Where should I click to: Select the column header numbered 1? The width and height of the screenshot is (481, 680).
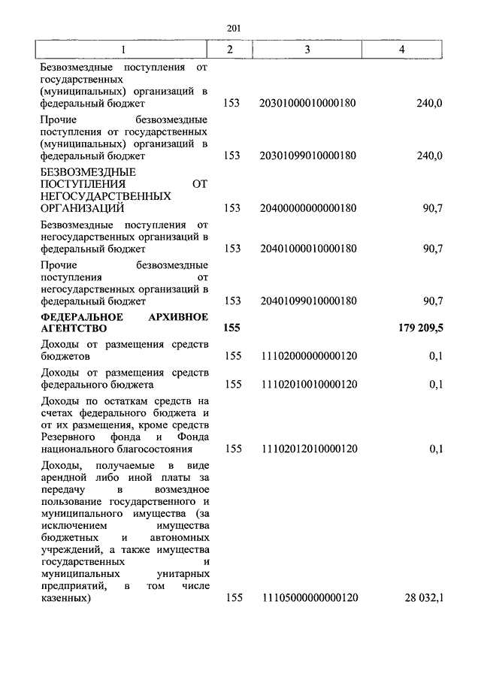click(124, 49)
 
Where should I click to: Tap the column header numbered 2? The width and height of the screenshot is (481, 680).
click(231, 49)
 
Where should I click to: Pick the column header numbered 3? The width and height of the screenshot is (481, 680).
click(307, 49)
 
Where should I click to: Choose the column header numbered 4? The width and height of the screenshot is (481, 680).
click(403, 49)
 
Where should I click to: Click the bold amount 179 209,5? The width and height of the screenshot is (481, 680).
click(419, 328)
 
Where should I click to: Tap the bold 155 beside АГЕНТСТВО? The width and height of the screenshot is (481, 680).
click(231, 328)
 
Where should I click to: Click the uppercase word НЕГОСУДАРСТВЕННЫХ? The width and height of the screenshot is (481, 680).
click(106, 196)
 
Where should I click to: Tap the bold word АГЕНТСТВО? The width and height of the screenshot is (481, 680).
click(74, 328)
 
